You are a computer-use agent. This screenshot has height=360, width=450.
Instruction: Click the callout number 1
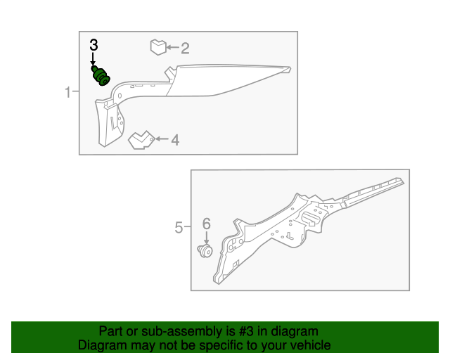tap(68, 92)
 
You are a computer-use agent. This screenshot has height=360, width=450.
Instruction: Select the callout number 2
tap(185, 49)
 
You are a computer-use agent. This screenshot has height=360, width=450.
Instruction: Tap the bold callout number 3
tap(94, 45)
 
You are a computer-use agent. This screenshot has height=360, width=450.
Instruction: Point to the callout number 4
tap(174, 140)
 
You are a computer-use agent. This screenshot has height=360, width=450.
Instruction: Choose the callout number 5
tap(179, 227)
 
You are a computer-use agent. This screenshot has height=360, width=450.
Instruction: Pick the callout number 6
tap(206, 224)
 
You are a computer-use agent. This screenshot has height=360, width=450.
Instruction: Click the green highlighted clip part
tap(102, 75)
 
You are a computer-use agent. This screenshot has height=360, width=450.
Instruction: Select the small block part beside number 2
tap(157, 48)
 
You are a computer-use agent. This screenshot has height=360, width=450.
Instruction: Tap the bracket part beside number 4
tap(141, 139)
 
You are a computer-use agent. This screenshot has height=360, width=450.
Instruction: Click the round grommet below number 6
tap(206, 250)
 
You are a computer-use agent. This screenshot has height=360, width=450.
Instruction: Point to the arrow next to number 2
tap(172, 49)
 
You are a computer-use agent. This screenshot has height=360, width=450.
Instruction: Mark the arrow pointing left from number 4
tap(161, 139)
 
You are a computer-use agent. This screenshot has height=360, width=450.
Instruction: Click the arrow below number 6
tap(206, 237)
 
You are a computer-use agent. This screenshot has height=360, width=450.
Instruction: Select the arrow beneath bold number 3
tap(94, 59)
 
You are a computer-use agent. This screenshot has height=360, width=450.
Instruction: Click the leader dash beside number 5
tap(188, 227)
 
